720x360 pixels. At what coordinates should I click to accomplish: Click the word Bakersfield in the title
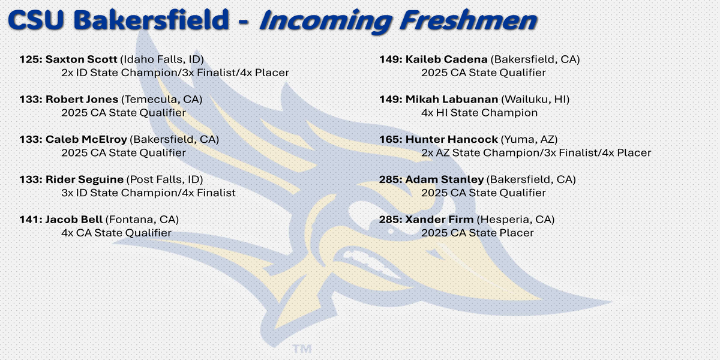[x=151, y=20]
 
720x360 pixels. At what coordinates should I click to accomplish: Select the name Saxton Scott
[x=82, y=59]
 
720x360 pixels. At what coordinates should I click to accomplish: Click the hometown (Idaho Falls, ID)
[x=162, y=59]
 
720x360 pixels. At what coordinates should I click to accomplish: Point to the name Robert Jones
[x=82, y=100]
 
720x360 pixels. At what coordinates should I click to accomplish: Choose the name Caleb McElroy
[x=86, y=139]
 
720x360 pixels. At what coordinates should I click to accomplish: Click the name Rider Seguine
[x=85, y=179]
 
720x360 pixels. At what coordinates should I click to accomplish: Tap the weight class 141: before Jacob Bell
[x=31, y=220]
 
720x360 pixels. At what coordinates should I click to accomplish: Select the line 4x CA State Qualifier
[x=116, y=233]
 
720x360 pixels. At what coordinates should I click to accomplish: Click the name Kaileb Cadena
[x=446, y=59]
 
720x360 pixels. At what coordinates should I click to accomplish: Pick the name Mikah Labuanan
[x=452, y=100]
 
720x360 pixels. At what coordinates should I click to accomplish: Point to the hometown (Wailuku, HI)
[x=535, y=100]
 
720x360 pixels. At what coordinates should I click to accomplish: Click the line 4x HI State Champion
[x=479, y=113]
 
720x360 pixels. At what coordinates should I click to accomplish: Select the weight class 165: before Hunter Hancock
[x=391, y=139]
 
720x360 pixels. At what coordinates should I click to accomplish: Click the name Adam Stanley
[x=445, y=179]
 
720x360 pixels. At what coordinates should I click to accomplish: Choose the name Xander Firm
[x=439, y=220]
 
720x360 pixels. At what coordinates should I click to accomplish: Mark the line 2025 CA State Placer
[x=478, y=233]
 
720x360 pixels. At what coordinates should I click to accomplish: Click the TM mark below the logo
[x=302, y=349]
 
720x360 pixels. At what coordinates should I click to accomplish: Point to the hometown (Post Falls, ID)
[x=164, y=179]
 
